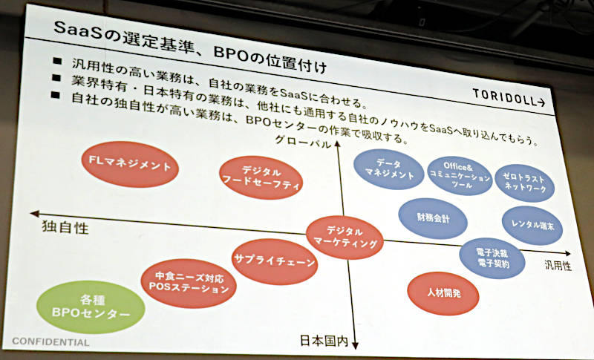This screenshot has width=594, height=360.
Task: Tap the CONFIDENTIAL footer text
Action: coord(50,342)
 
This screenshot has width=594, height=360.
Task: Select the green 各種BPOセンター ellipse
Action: coord(91,307)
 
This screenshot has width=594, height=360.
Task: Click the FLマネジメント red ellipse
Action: coord(130,164)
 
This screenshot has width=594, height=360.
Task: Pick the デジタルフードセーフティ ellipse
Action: coord(261,177)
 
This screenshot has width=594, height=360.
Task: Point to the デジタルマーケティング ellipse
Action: coord(345,238)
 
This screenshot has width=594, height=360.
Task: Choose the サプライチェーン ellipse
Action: coord(275,261)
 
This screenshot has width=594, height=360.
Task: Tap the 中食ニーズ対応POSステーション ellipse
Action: coord(189,283)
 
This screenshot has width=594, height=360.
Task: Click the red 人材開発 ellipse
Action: coord(443,293)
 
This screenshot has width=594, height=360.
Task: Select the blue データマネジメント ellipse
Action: coord(389,169)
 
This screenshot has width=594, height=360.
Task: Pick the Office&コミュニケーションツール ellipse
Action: coord(460,176)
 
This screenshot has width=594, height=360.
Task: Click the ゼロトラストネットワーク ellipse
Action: coord(525,183)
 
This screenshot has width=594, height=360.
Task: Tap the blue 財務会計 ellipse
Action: coord(433,218)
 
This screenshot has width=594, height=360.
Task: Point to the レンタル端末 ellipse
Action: coord(532,225)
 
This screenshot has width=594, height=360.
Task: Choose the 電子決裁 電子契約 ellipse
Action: coord(492,258)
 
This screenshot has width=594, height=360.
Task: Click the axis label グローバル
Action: coord(303,142)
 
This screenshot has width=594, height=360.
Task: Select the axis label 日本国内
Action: coord(324,341)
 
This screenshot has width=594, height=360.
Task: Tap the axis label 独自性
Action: coord(65,228)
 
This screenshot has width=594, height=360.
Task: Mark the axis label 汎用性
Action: coord(558,266)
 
